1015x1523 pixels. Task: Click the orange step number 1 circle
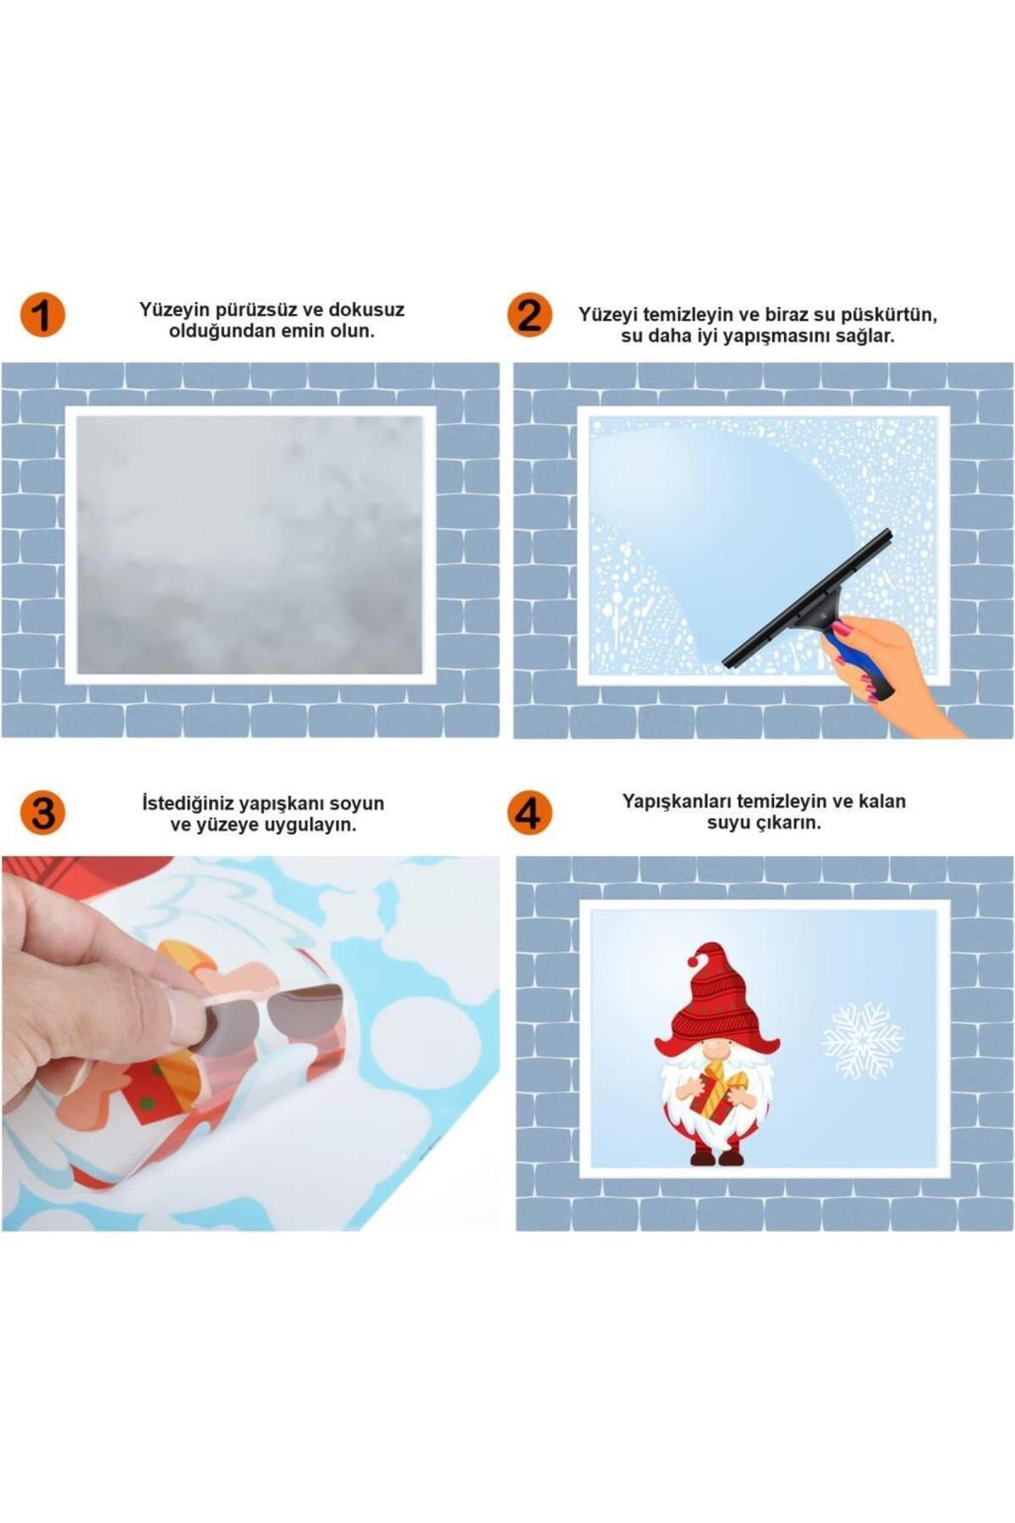42,316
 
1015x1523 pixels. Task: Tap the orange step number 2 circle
529,316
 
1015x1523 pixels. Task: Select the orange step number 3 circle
42,812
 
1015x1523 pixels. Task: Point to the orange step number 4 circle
529,812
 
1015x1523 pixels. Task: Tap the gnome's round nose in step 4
715,1050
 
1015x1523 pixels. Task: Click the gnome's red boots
717,1155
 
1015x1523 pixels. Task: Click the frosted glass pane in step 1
250,545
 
